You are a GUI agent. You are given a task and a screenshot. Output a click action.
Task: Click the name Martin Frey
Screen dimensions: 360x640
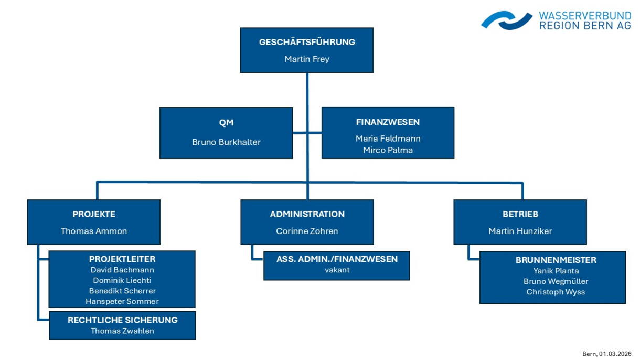pyautogui.click(x=307, y=59)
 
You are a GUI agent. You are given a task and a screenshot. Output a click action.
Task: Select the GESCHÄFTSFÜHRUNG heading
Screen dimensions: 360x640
pyautogui.click(x=307, y=42)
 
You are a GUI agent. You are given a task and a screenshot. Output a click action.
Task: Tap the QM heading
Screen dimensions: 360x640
pyautogui.click(x=226, y=122)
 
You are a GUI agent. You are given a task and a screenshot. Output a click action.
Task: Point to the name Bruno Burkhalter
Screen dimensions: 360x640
pyautogui.click(x=226, y=142)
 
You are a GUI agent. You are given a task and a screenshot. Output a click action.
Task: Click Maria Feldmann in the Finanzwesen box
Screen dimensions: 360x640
pyautogui.click(x=388, y=139)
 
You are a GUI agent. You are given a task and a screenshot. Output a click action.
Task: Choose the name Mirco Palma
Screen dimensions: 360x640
pyautogui.click(x=388, y=150)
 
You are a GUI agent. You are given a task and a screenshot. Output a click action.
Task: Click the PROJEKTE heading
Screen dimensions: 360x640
pyautogui.click(x=94, y=214)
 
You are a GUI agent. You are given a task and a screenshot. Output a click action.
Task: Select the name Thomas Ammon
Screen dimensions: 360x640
pyautogui.click(x=94, y=231)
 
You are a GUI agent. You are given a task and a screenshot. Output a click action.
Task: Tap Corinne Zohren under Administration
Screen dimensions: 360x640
pyautogui.click(x=307, y=231)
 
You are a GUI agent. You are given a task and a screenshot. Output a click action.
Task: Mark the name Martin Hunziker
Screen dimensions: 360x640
pyautogui.click(x=520, y=231)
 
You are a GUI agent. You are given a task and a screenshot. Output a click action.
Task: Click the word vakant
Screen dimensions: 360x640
pyautogui.click(x=337, y=270)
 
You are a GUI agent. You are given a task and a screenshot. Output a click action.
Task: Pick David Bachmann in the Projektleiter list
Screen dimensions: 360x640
pyautogui.click(x=122, y=270)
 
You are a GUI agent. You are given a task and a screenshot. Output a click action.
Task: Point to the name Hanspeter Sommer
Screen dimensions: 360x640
pyautogui.click(x=122, y=301)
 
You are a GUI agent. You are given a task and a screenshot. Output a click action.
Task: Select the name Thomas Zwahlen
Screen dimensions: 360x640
pyautogui.click(x=122, y=331)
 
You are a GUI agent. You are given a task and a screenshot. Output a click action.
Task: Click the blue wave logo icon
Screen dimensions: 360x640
pyautogui.click(x=506, y=20)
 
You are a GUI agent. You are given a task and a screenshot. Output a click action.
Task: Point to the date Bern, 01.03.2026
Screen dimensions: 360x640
pyautogui.click(x=606, y=354)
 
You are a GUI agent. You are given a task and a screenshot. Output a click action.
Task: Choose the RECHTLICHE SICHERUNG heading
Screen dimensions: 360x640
pyautogui.click(x=122, y=320)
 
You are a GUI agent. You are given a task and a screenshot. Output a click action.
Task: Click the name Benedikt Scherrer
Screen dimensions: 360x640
pyautogui.click(x=122, y=291)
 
